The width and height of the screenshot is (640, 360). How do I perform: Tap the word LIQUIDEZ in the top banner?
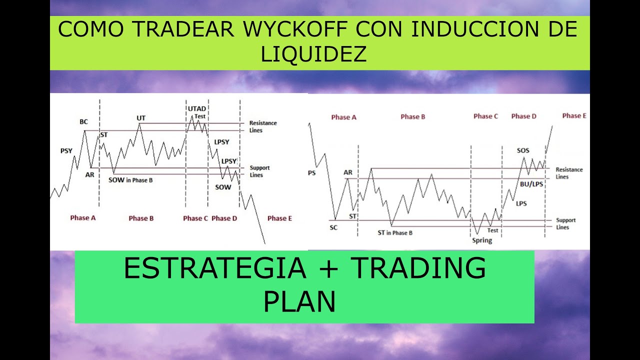tap(313, 54)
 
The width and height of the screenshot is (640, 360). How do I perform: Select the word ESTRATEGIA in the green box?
tap(214, 268)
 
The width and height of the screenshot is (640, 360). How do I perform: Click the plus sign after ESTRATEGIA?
tap(328, 269)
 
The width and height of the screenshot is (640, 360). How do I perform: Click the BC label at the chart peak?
tap(83, 121)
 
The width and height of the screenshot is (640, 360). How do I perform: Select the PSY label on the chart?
tap(66, 150)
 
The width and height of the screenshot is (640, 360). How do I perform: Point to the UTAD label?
tap(196, 109)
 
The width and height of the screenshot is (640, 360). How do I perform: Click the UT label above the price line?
tap(141, 118)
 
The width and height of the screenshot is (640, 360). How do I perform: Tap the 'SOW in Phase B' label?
tap(130, 180)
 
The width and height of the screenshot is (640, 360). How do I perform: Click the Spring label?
tap(482, 240)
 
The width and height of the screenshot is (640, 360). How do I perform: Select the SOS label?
tap(523, 150)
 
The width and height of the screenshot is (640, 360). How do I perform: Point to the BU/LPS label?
tap(531, 184)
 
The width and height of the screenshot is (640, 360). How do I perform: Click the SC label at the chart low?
tap(333, 227)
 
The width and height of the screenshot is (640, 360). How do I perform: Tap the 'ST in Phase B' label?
tap(395, 232)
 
